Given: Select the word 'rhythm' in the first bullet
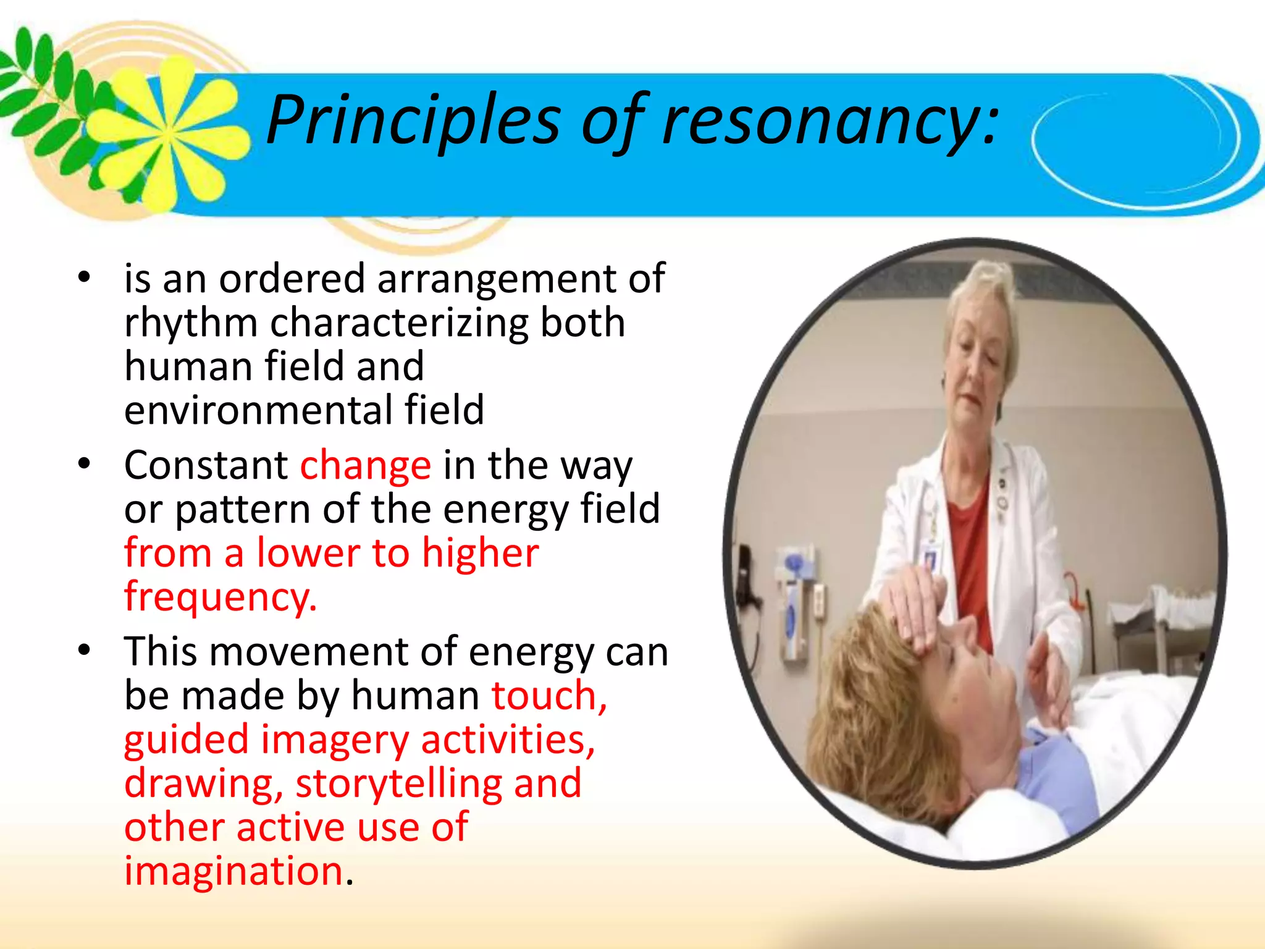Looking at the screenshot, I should [190, 323].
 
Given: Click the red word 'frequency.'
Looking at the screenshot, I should [221, 597].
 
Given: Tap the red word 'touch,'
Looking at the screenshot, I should [549, 696].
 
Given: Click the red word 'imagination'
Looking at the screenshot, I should [233, 871].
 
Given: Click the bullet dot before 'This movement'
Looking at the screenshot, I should [85, 650].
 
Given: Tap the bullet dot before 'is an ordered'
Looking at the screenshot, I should [85, 277].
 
